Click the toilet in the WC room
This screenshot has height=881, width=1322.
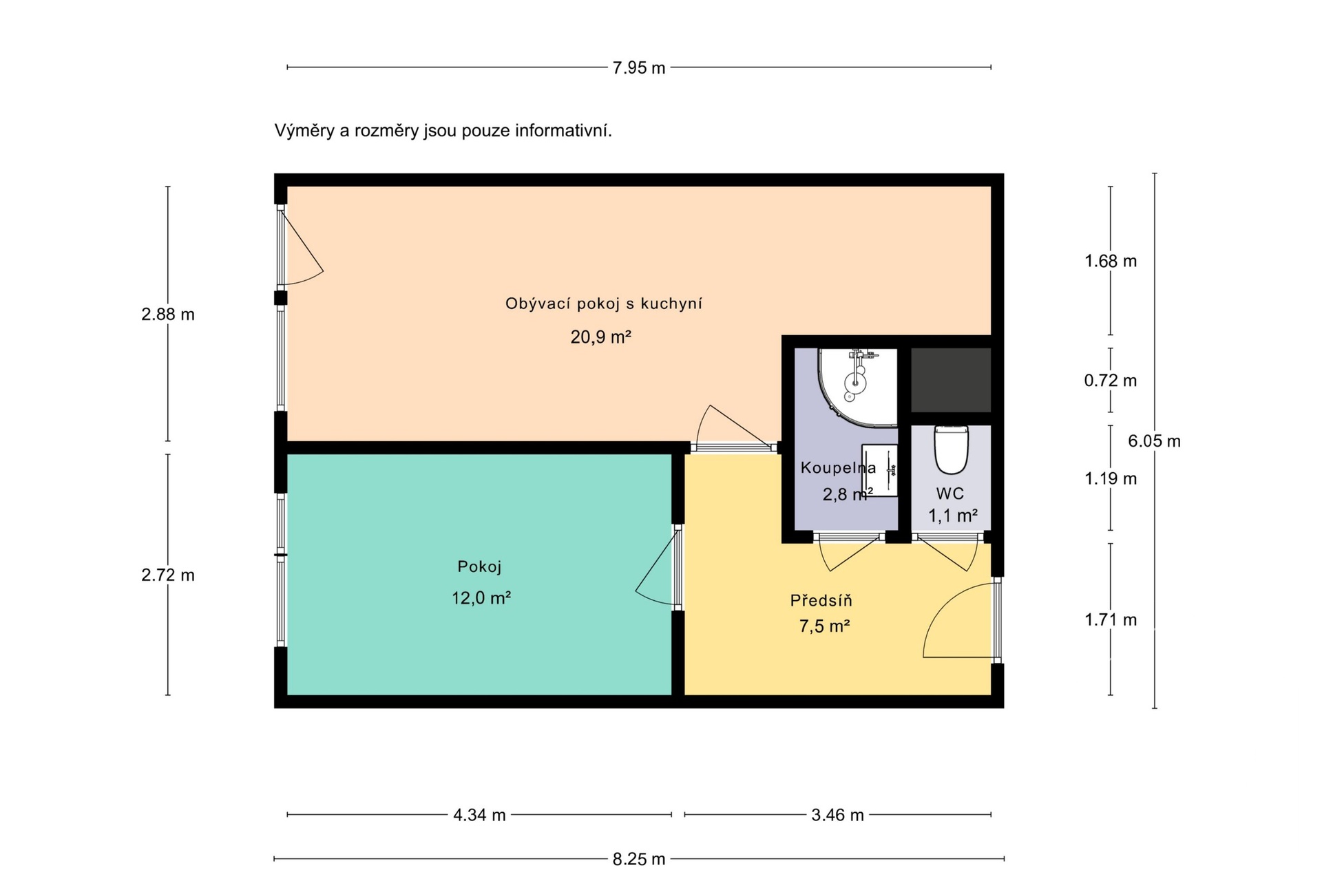click(951, 449)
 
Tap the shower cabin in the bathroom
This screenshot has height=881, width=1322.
click(858, 387)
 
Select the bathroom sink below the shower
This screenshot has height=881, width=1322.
click(880, 470)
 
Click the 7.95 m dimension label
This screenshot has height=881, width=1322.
click(639, 68)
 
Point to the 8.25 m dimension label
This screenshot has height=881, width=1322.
click(639, 859)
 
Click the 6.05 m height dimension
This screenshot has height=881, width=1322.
click(1154, 441)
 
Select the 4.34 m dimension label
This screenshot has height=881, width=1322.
click(479, 815)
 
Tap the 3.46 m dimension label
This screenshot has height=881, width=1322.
click(837, 815)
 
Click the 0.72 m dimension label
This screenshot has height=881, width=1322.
click(1111, 381)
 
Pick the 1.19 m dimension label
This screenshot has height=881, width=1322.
click(1111, 478)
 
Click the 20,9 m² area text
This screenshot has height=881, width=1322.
click(600, 337)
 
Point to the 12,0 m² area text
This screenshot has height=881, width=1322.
click(481, 597)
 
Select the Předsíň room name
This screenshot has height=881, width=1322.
click(821, 600)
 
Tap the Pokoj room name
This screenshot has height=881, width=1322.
click(479, 566)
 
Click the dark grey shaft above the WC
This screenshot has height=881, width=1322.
click(951, 380)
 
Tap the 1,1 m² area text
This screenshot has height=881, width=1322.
click(953, 516)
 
